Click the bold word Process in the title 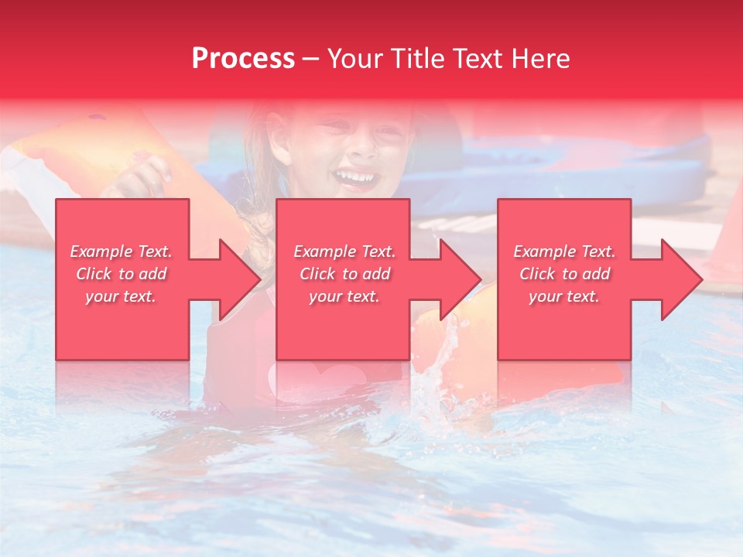click(x=243, y=59)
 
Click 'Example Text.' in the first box click(x=121, y=251)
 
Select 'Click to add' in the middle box click(x=344, y=274)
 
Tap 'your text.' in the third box click(x=563, y=296)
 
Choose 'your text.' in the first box click(x=121, y=296)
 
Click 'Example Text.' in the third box click(x=563, y=251)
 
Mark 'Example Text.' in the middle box click(x=344, y=251)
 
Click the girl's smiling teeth click(x=356, y=178)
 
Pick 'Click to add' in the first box click(x=121, y=274)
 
